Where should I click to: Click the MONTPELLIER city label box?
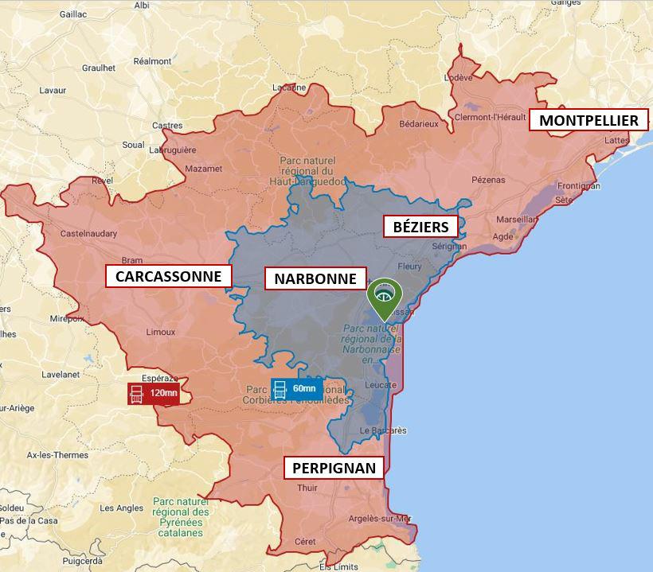pyautogui.click(x=588, y=120)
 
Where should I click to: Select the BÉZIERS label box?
pyautogui.click(x=420, y=227)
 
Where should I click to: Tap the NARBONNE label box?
pyautogui.click(x=316, y=278)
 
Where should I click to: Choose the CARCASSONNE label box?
pyautogui.click(x=168, y=276)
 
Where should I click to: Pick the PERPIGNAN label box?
pyautogui.click(x=333, y=468)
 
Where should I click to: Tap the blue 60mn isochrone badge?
pyautogui.click(x=296, y=389)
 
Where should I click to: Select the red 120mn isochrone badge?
pyautogui.click(x=154, y=393)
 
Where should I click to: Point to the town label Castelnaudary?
pyautogui.click(x=89, y=234)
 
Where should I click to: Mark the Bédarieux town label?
pyautogui.click(x=419, y=124)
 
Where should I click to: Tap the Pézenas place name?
pyautogui.click(x=488, y=180)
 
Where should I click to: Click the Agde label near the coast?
pyautogui.click(x=503, y=236)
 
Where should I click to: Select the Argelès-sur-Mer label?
pyautogui.click(x=380, y=519)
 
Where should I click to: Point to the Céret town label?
pyautogui.click(x=305, y=541)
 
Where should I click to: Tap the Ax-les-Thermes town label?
pyautogui.click(x=58, y=455)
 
